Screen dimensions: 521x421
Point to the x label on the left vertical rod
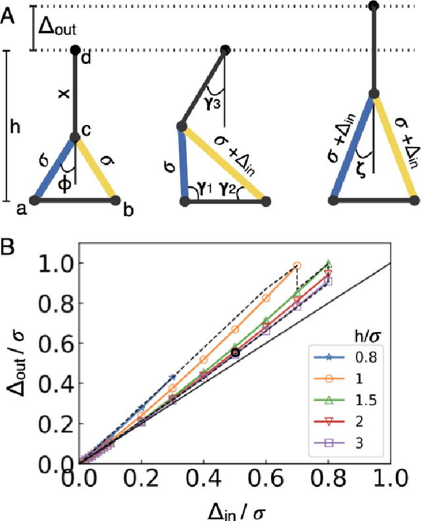click(x=64, y=94)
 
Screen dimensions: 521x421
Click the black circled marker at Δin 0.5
click(x=235, y=353)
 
